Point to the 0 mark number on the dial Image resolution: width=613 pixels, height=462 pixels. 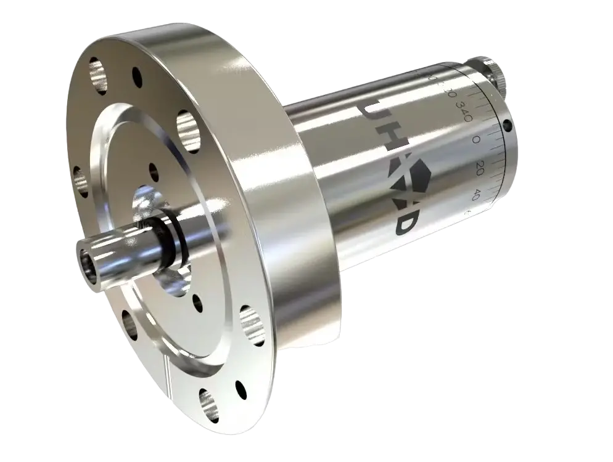click(476, 140)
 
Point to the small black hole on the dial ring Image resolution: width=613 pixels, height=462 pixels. click(508, 126)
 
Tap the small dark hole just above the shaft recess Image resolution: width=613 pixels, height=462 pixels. click(152, 169)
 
